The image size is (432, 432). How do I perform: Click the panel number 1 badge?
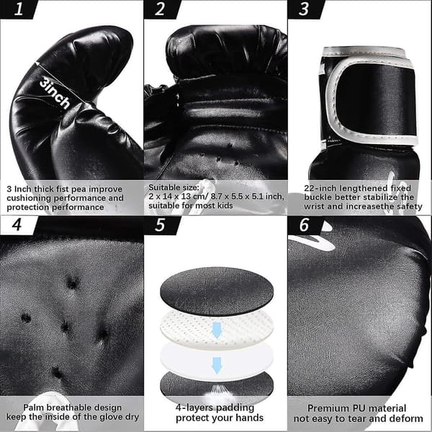pyautogui.click(x=18, y=9)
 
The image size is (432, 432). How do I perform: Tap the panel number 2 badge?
pyautogui.click(x=161, y=9)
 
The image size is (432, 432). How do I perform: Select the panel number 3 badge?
pyautogui.click(x=304, y=9)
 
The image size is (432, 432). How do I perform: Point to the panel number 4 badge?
pyautogui.click(x=17, y=225)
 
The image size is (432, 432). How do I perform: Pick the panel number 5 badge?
pyautogui.click(x=161, y=225)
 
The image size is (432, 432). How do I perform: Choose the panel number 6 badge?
pyautogui.click(x=304, y=225)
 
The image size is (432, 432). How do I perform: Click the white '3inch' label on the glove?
pyautogui.click(x=55, y=93)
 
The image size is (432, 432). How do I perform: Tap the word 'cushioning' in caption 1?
pyautogui.click(x=29, y=198)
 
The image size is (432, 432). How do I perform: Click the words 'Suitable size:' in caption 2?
pyautogui.click(x=174, y=187)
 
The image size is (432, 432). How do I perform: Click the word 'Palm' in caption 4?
pyautogui.click(x=33, y=408)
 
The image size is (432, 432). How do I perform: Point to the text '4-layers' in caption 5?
pyautogui.click(x=193, y=408)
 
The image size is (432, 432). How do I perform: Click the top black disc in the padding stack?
pyautogui.click(x=217, y=292)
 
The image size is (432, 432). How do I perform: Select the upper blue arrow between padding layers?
pyautogui.click(x=217, y=330)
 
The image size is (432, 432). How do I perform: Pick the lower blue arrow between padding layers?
pyautogui.click(x=217, y=366)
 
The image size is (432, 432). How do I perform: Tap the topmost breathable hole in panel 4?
pyautogui.click(x=73, y=283)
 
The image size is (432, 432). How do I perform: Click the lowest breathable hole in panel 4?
pyautogui.click(x=57, y=372)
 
